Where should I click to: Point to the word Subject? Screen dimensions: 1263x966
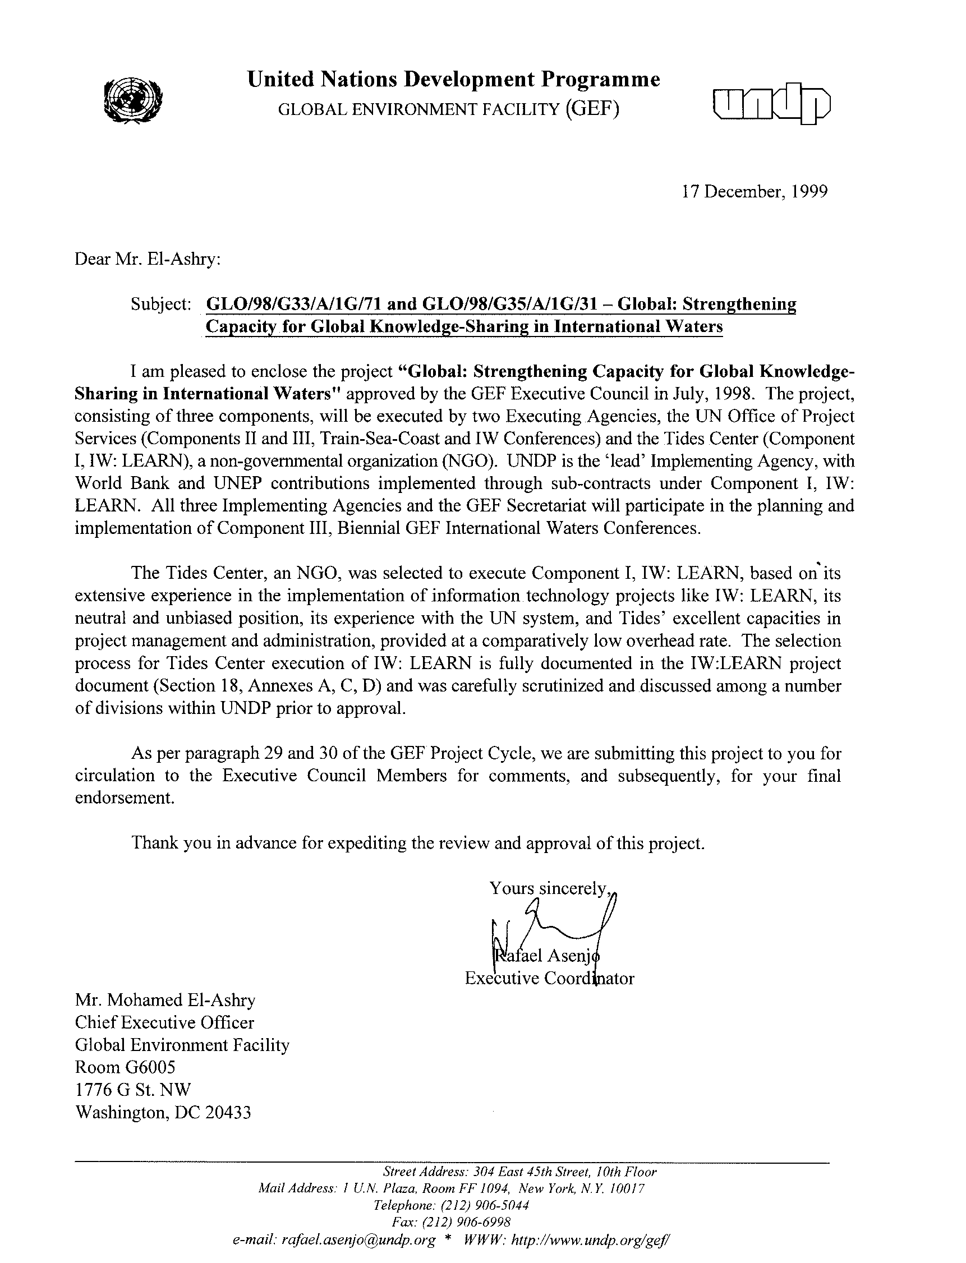tap(160, 304)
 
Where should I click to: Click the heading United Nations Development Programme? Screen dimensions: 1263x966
tap(453, 79)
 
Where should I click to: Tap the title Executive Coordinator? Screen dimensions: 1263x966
tap(549, 978)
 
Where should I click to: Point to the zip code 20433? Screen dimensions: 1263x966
tap(228, 1113)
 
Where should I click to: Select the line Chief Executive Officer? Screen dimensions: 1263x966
tap(164, 1023)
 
